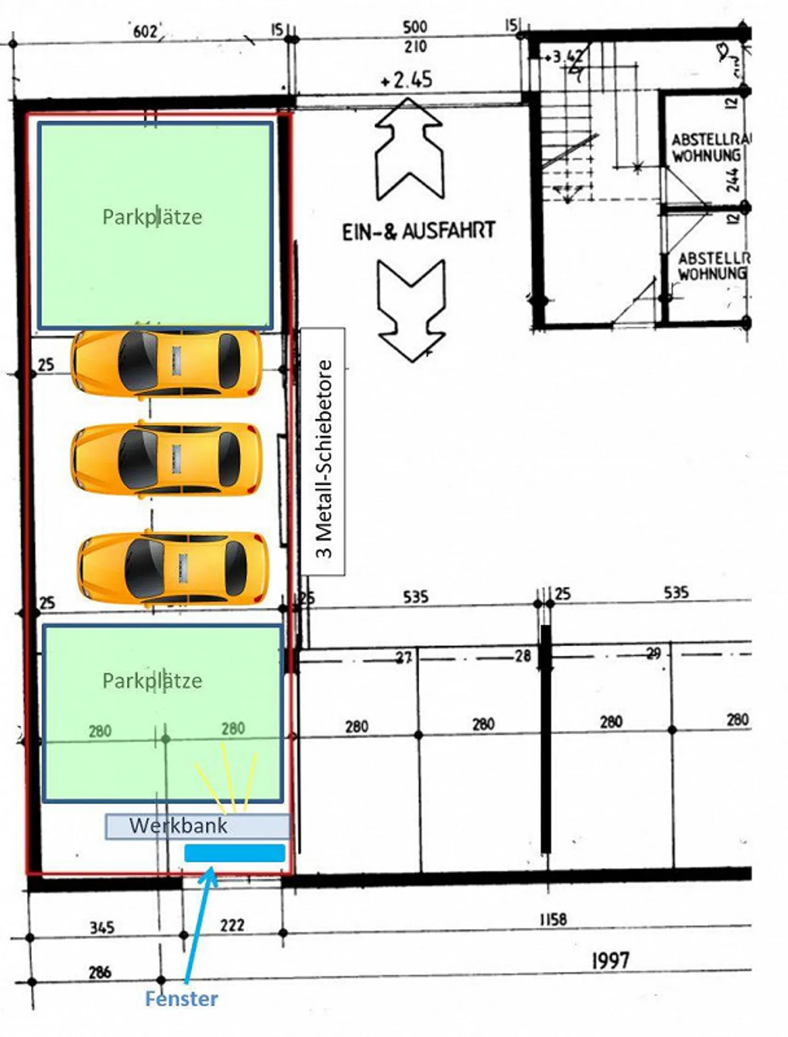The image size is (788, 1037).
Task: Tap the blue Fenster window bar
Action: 235,853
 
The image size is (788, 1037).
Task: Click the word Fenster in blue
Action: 181,999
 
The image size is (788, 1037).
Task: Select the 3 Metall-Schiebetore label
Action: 323,452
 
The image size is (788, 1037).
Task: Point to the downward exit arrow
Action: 411,310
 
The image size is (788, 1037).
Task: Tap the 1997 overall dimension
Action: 610,960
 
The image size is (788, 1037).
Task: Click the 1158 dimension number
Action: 553,919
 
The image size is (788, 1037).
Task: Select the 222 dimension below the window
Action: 232,925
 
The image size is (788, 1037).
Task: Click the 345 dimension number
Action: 102,927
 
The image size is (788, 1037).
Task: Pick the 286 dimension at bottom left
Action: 100,972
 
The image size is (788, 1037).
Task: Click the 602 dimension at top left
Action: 145,32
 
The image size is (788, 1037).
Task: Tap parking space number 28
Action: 523,656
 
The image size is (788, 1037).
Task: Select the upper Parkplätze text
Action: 152,217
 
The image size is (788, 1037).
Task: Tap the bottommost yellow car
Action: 173,569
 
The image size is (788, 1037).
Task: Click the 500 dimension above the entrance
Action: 415,27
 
